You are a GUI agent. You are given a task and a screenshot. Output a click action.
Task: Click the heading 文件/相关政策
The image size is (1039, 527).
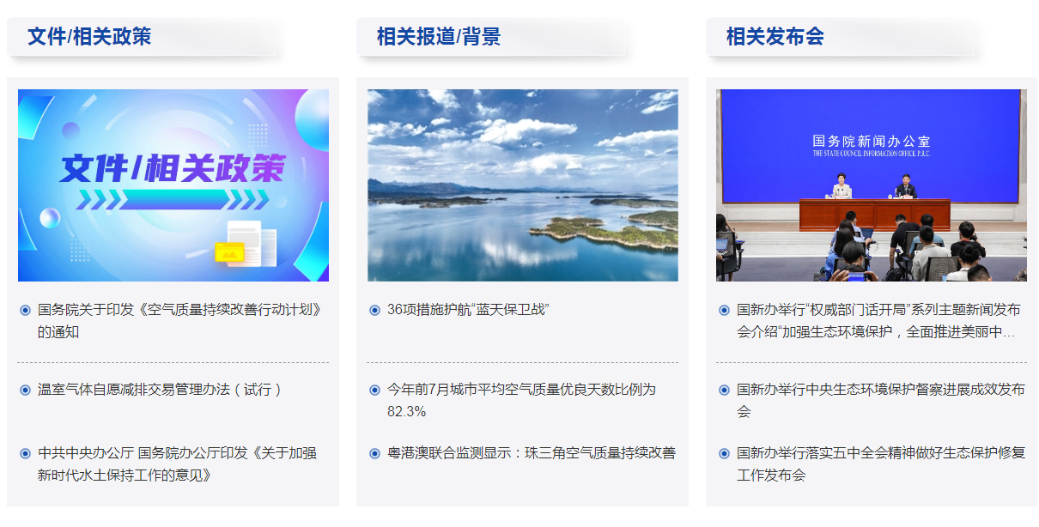point(89,36)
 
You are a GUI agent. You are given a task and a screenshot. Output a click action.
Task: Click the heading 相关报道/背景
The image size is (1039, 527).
point(439,36)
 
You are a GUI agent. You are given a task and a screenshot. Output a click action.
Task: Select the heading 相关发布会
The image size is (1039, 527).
point(775,36)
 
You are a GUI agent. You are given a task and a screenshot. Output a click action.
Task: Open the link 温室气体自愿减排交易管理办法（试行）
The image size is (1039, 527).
point(160,390)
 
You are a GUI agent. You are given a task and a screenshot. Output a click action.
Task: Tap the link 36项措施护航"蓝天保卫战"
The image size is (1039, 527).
point(468,310)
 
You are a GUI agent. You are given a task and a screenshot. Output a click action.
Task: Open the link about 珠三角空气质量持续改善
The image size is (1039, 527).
point(532,453)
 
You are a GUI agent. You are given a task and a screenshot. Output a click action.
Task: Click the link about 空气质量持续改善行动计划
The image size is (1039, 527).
point(179,321)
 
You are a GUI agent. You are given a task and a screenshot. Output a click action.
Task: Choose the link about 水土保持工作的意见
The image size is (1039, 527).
point(177,464)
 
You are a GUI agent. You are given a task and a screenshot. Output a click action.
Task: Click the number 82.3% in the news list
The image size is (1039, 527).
point(406,412)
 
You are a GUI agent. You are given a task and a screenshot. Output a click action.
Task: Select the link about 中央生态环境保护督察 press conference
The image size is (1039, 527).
point(881,401)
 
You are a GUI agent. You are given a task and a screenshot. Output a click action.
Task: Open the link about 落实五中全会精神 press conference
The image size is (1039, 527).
point(881,464)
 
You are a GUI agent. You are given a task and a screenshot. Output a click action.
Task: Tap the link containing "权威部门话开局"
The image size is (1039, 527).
point(878,321)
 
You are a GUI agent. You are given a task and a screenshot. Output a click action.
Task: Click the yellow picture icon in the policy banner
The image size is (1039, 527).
point(229,252)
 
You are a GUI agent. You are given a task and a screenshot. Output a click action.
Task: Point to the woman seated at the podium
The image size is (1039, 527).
point(841,186)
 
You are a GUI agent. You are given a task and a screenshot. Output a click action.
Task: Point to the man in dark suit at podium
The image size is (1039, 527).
point(905,186)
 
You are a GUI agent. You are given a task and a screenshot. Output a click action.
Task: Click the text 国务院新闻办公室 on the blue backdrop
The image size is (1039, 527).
point(871,141)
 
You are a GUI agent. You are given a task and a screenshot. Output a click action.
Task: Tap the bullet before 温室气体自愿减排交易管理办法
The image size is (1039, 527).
point(26,391)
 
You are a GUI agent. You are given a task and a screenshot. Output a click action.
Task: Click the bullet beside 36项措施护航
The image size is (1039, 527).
point(374,310)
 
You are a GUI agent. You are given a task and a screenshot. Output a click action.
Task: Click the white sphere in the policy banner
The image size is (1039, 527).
point(50,218)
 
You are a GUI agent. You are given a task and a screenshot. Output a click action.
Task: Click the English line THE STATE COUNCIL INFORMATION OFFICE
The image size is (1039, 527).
point(871,154)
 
